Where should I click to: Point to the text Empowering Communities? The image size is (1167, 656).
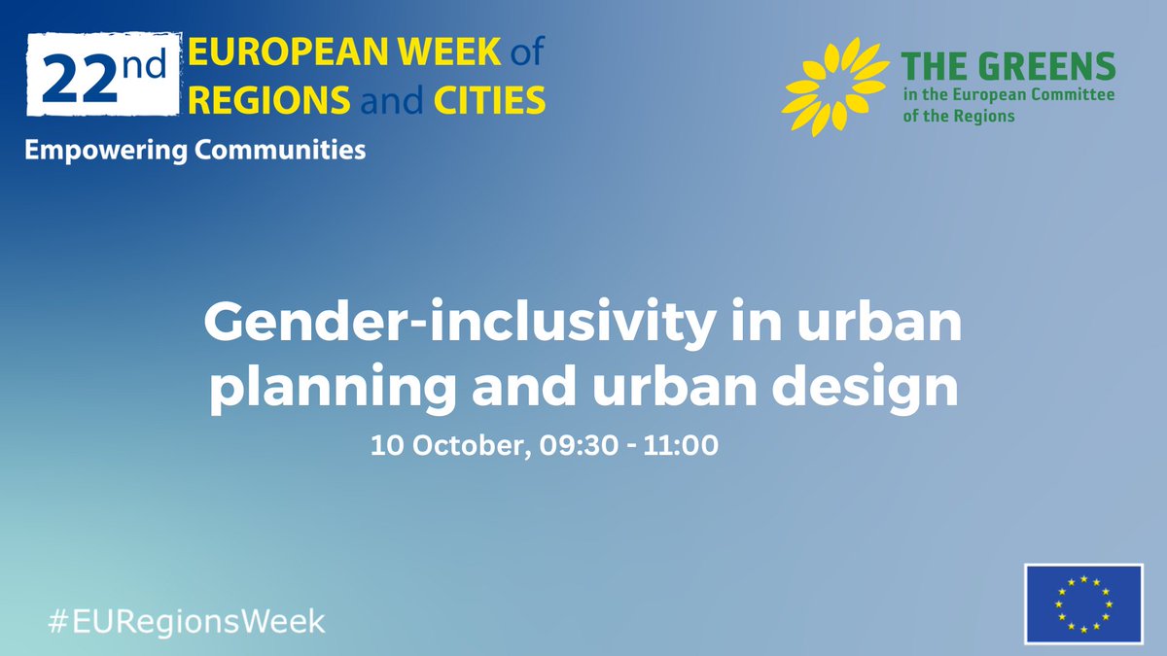point(194,151)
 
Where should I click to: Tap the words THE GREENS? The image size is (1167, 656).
point(1008,68)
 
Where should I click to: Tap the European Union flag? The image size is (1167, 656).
point(1083,603)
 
